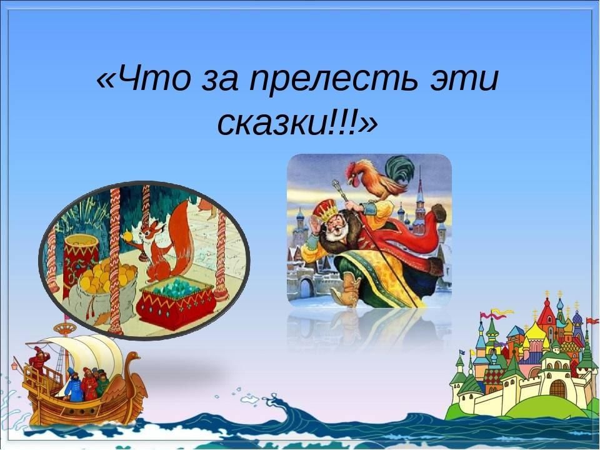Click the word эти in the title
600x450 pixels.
(464, 81)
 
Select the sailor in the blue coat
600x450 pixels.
(74, 384)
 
